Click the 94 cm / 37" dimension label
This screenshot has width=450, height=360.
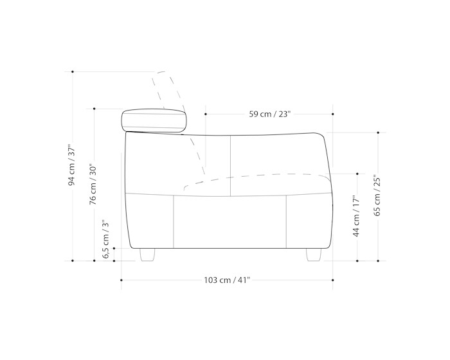71,165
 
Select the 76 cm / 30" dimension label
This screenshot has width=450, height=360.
93,184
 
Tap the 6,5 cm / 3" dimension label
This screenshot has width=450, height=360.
106,239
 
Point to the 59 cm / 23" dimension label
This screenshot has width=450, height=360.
270,114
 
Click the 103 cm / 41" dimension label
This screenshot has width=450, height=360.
227,280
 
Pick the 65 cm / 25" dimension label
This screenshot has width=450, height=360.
377,196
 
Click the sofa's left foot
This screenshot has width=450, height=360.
147,255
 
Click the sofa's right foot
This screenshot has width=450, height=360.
314,255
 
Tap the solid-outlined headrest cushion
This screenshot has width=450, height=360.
154,121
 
